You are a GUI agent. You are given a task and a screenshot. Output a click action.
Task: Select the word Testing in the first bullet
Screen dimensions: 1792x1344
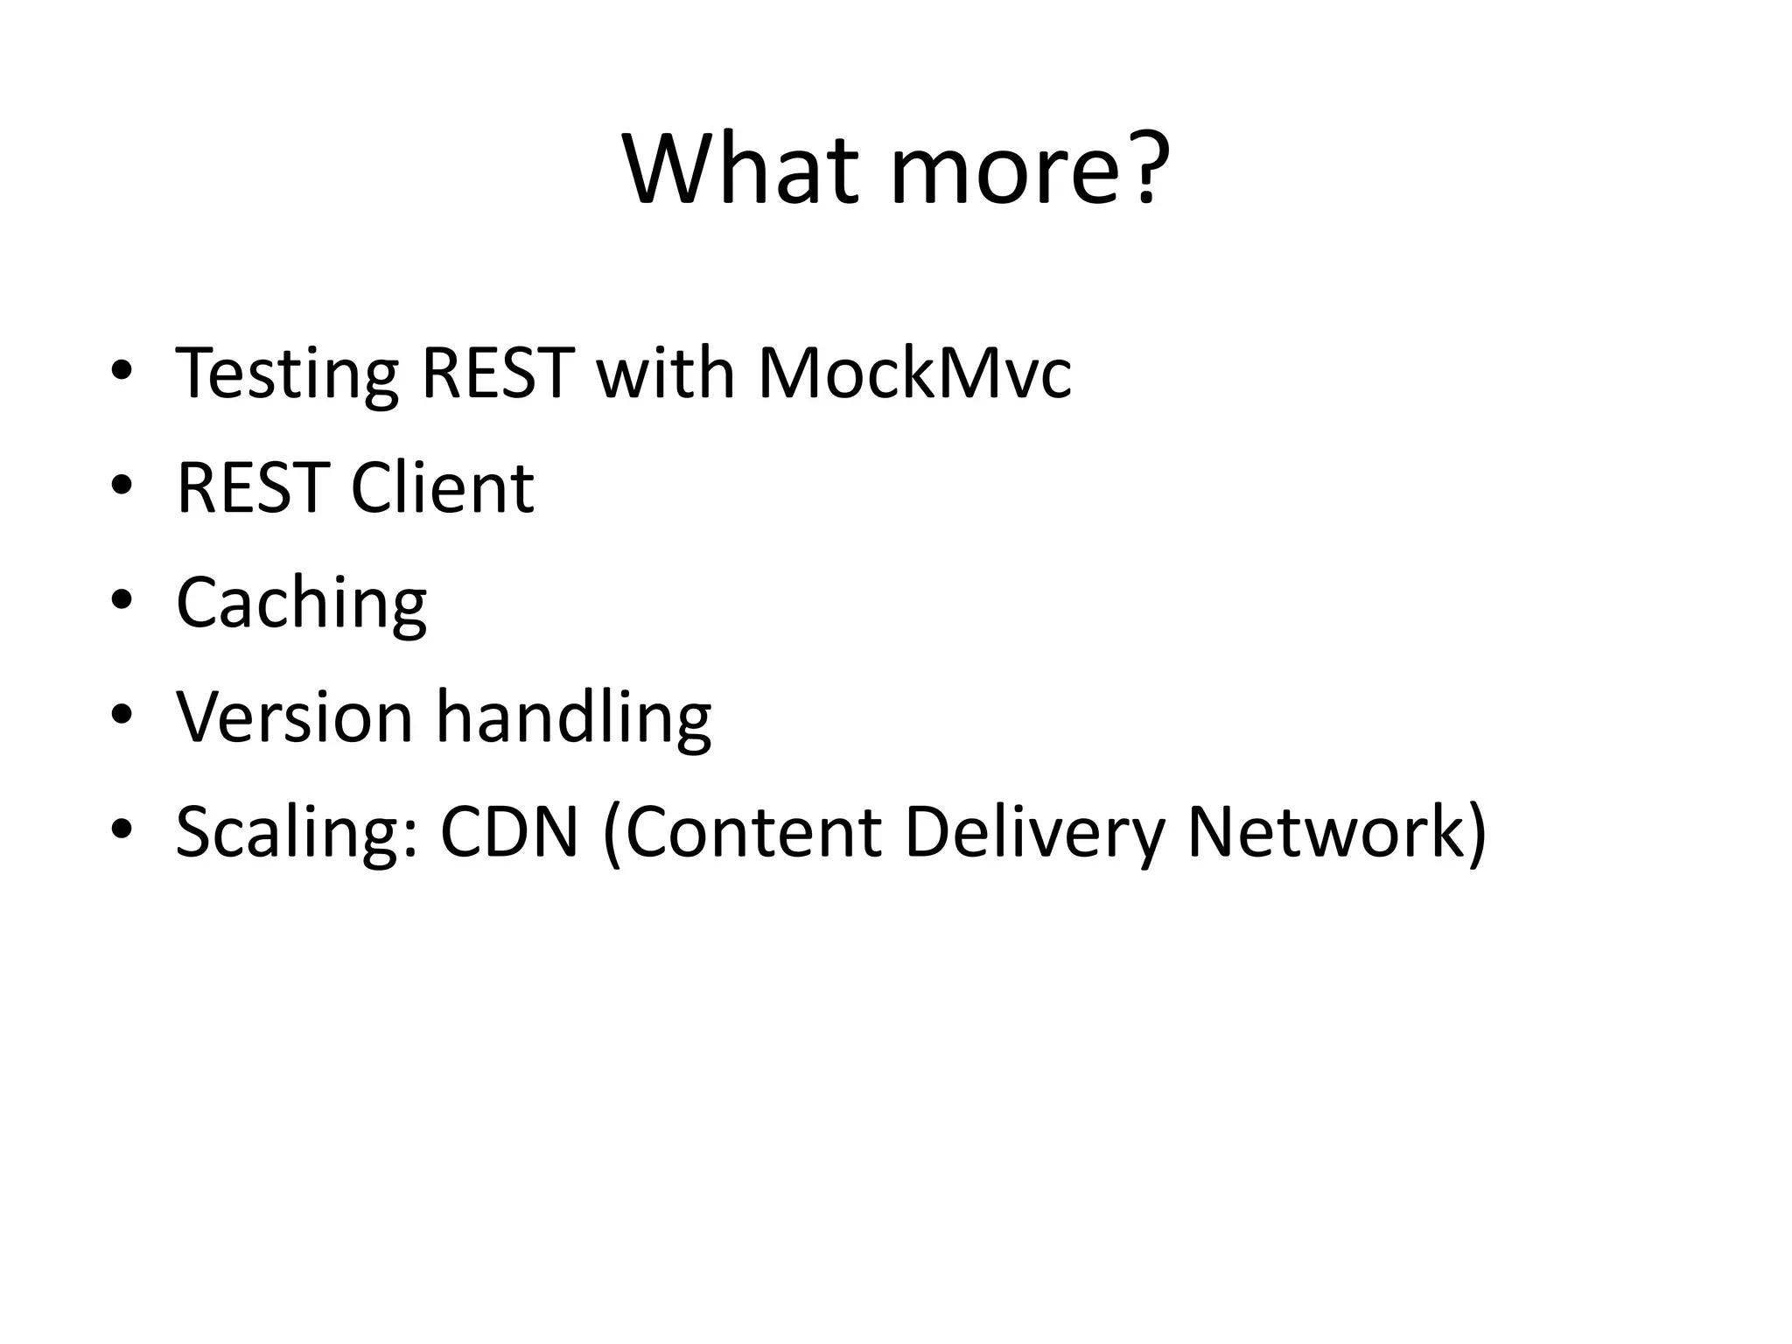click(x=286, y=374)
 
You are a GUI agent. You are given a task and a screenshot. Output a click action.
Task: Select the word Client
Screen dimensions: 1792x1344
click(x=442, y=487)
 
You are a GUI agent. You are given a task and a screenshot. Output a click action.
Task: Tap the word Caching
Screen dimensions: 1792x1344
click(x=301, y=604)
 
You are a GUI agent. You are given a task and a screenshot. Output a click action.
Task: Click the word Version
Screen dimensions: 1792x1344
click(x=294, y=717)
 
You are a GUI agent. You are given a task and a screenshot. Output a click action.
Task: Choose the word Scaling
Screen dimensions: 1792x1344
click(x=296, y=834)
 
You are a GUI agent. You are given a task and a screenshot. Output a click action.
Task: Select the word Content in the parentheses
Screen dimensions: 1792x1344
click(x=752, y=832)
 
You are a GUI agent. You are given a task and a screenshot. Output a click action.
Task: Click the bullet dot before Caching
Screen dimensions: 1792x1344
click(x=122, y=599)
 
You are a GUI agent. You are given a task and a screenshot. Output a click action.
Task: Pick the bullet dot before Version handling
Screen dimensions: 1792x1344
click(x=122, y=714)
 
